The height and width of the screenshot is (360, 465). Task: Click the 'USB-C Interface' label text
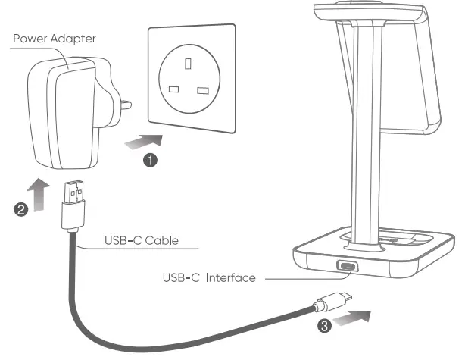point(208,278)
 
